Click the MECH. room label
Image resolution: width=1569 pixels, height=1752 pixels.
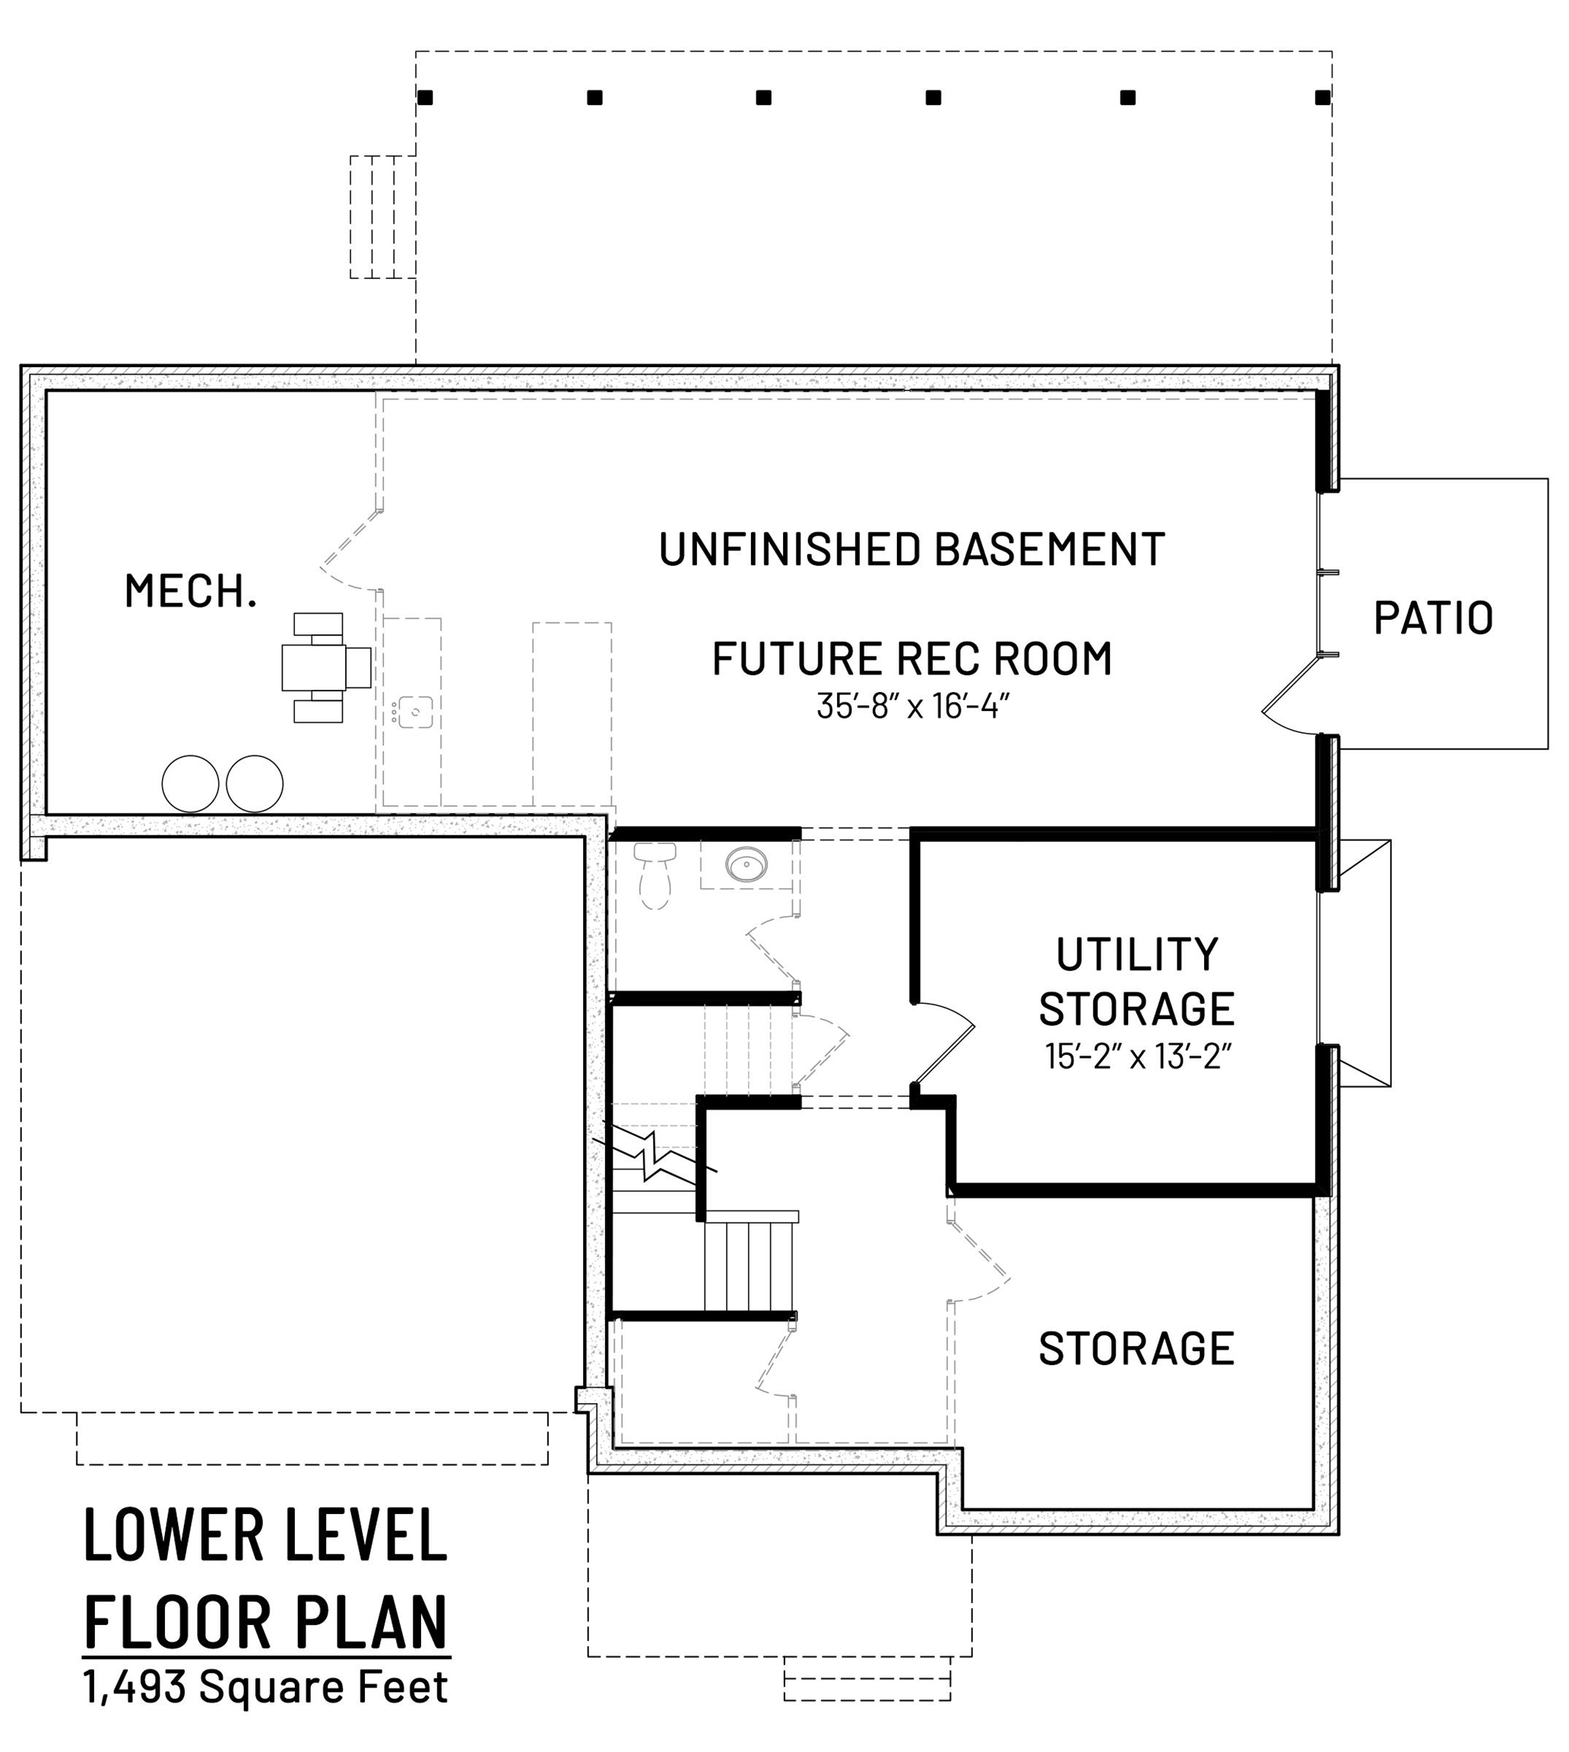191,592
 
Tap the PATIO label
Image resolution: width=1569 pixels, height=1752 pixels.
1433,618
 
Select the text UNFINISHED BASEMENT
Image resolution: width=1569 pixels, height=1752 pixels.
912,549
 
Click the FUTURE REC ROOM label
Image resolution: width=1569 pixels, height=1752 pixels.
912,659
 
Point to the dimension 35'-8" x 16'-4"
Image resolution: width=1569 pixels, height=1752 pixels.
912,706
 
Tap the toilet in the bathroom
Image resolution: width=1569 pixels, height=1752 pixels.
655,874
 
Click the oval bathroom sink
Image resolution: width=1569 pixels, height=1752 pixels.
746,863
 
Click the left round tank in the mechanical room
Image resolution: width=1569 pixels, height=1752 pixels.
191,784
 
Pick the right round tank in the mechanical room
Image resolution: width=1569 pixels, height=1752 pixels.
255,784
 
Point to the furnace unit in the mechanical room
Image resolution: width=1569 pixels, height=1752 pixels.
326,668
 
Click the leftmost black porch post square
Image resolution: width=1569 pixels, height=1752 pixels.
425,97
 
